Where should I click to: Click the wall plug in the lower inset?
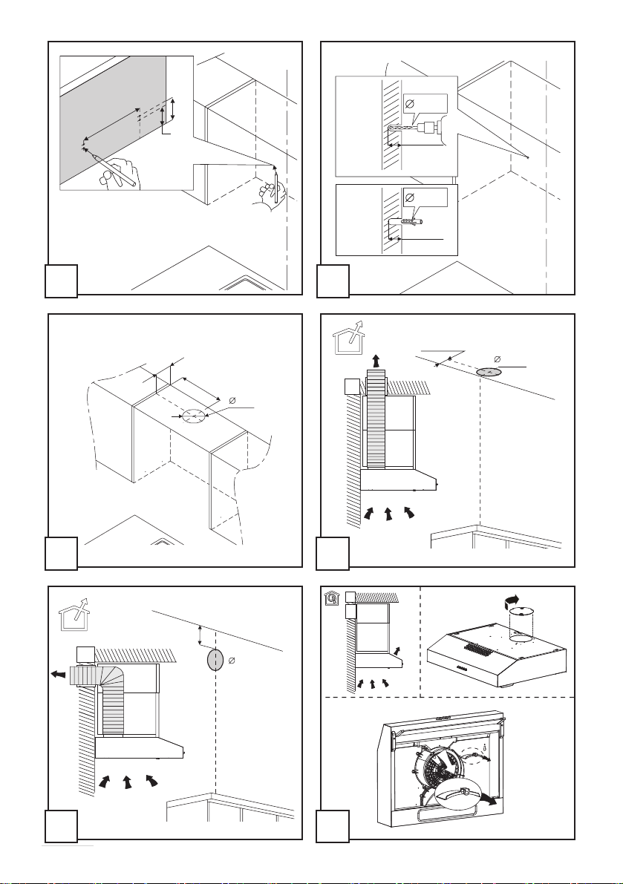409,220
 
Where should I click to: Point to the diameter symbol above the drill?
409,103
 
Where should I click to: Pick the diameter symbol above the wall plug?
409,197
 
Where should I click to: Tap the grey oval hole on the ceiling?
488,370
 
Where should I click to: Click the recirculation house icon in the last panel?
329,596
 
